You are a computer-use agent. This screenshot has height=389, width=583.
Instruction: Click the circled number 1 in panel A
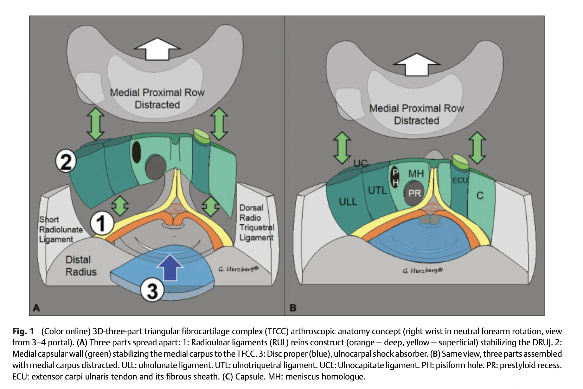(102, 223)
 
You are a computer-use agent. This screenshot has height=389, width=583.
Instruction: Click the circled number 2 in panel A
(66, 161)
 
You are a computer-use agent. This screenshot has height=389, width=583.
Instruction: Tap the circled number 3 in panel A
(152, 290)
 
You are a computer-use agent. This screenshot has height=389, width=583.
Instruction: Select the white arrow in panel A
(157, 49)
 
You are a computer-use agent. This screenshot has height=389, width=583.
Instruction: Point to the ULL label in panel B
(348, 202)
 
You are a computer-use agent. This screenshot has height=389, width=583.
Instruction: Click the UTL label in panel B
(377, 190)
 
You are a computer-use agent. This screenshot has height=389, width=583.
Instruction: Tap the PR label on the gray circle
(414, 193)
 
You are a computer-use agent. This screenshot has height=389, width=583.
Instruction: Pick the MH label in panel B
(416, 174)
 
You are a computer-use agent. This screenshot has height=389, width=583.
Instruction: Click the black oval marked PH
(395, 177)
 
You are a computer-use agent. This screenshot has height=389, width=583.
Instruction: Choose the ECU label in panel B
(460, 181)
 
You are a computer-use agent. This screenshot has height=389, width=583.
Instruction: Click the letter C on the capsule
(480, 196)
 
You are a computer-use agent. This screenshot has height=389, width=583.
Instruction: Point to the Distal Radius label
(81, 266)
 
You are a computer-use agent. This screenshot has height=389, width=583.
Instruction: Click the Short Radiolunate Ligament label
(61, 229)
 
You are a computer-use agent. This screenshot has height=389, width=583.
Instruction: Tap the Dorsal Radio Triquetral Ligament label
(256, 223)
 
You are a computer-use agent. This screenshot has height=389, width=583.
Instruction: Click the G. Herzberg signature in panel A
(238, 269)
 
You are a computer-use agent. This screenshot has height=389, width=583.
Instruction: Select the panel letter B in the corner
(293, 308)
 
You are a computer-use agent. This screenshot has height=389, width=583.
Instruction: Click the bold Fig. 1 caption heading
(23, 331)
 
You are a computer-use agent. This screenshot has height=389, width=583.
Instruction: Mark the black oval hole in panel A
(136, 152)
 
